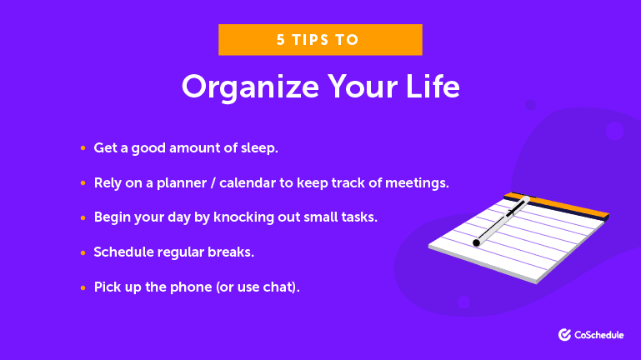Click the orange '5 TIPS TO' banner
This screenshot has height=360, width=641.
point(320,39)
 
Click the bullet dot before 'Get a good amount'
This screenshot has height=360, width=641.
point(83,148)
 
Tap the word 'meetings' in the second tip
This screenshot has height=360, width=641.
point(418,182)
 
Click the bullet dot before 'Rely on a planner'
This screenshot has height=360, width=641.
point(83,182)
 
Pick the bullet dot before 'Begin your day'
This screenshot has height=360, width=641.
point(83,217)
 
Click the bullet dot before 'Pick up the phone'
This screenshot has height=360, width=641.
point(83,286)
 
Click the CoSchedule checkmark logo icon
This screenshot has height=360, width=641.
point(564,334)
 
